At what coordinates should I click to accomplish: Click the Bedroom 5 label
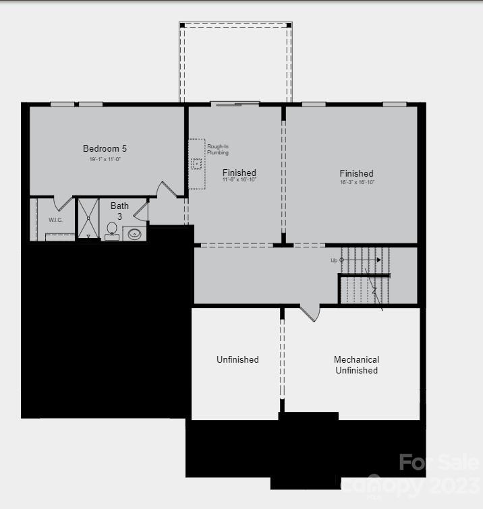point(105,148)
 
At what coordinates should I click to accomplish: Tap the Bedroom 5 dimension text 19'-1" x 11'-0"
point(105,160)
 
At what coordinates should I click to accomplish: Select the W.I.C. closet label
point(55,220)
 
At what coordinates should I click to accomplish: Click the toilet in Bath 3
point(112,231)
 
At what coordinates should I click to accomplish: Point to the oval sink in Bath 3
point(135,234)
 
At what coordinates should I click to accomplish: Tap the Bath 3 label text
point(119,211)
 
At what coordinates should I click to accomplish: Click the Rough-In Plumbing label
point(217,150)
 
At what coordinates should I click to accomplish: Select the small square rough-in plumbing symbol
point(197,164)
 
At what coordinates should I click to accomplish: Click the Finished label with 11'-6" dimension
point(239,173)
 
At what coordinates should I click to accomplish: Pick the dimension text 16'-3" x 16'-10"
point(357,183)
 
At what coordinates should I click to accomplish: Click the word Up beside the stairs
point(334,260)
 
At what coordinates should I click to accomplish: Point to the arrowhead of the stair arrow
point(378,260)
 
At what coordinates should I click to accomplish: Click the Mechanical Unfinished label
point(357,365)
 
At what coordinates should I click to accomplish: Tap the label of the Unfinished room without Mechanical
point(237,359)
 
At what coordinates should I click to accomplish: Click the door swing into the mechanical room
point(309,313)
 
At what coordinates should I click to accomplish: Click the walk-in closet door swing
point(63,203)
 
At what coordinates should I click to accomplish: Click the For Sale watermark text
point(439,463)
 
